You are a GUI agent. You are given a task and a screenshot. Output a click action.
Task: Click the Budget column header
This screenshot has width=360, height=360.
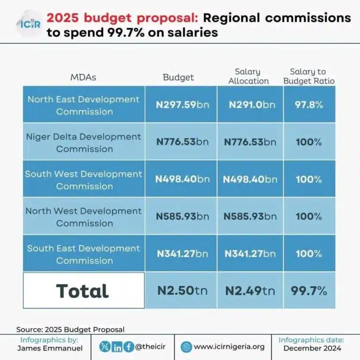178,77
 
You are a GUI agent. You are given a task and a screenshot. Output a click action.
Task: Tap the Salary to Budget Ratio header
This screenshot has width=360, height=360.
308,76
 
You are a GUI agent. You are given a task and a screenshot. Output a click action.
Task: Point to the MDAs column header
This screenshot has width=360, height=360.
83,77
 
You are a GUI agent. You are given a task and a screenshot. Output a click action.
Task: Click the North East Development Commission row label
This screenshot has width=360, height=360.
84,105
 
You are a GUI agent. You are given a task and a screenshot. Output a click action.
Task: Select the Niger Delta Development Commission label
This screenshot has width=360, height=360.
84,142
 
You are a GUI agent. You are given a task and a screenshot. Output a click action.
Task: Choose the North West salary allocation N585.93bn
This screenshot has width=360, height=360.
250,217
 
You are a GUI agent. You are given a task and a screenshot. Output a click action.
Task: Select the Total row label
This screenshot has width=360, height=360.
82,291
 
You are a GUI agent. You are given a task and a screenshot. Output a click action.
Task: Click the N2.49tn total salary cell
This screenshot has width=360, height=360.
250,291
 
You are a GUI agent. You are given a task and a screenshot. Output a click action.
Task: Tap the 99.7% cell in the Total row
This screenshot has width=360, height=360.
309,291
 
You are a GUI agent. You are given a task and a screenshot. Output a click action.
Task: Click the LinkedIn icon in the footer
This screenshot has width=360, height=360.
117,347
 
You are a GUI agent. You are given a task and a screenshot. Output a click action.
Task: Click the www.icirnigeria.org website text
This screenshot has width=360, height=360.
229,347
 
